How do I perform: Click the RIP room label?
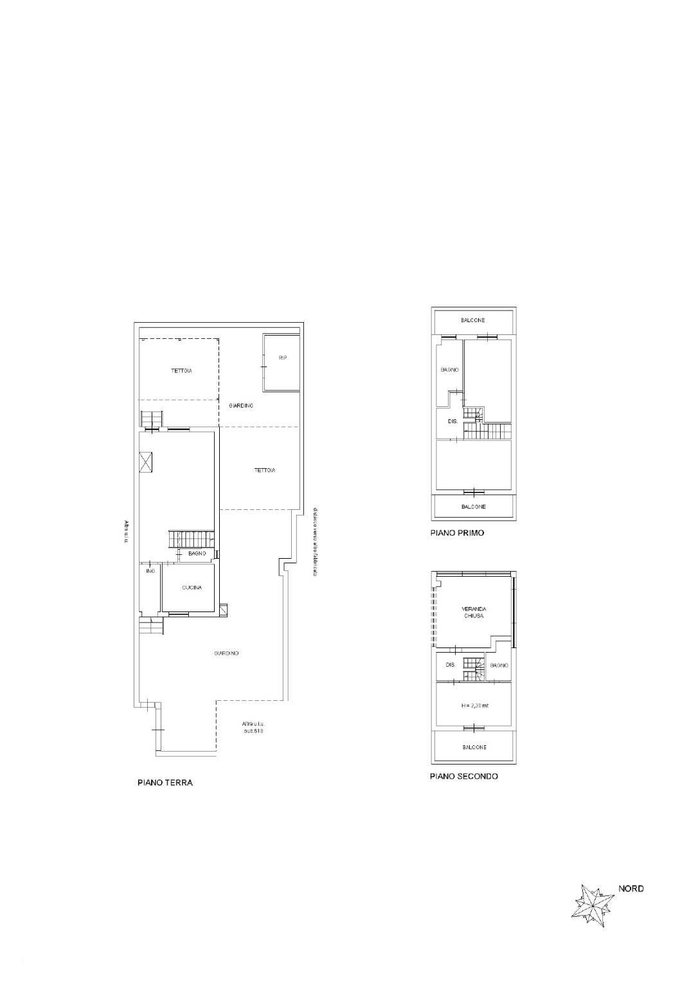click(282, 358)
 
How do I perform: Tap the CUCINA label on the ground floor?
click(192, 588)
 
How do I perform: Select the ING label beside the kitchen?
click(150, 571)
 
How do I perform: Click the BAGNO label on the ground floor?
click(197, 554)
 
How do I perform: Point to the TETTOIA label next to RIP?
click(181, 371)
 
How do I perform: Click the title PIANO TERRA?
click(165, 783)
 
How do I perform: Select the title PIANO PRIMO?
click(457, 533)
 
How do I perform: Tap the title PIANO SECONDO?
click(463, 776)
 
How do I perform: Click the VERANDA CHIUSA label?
click(473, 612)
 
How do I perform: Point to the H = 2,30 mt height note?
click(475, 705)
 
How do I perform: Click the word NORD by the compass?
click(631, 889)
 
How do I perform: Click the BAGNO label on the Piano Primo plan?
click(449, 370)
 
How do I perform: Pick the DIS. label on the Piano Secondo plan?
click(450, 665)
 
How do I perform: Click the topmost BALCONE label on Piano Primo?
click(473, 320)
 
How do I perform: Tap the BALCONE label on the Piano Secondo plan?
click(474, 747)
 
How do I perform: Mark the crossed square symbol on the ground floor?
click(146, 462)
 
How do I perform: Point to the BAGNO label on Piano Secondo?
click(499, 666)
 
